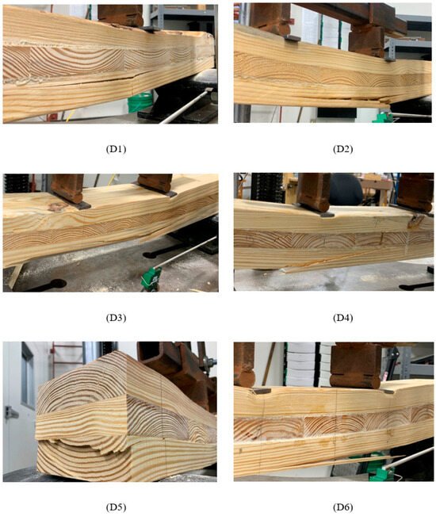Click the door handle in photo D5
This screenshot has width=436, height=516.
click(10, 412)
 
